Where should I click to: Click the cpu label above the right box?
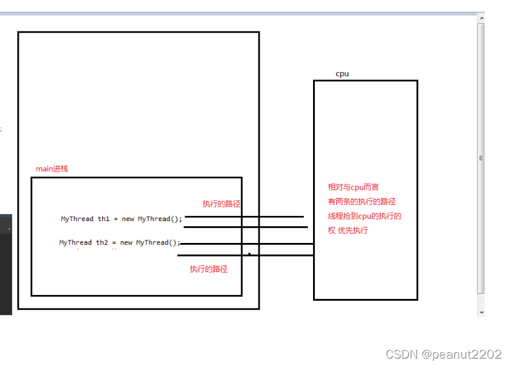point(342,74)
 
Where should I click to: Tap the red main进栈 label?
point(51,169)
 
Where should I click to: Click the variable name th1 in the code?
point(104,219)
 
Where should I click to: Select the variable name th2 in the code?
point(103,243)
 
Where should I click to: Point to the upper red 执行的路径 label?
point(221,204)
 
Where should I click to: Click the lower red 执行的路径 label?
point(208,269)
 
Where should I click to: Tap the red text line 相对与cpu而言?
point(353,187)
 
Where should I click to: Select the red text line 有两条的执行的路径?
point(361,202)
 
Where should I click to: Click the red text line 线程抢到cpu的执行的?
point(364,216)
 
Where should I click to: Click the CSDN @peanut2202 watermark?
point(443,354)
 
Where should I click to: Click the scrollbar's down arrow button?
point(481,312)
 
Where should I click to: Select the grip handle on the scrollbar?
point(481,157)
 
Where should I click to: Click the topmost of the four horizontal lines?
point(244,217)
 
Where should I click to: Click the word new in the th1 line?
point(128,219)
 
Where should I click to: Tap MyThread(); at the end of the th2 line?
point(158,243)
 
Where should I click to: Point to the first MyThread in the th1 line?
point(77,219)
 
